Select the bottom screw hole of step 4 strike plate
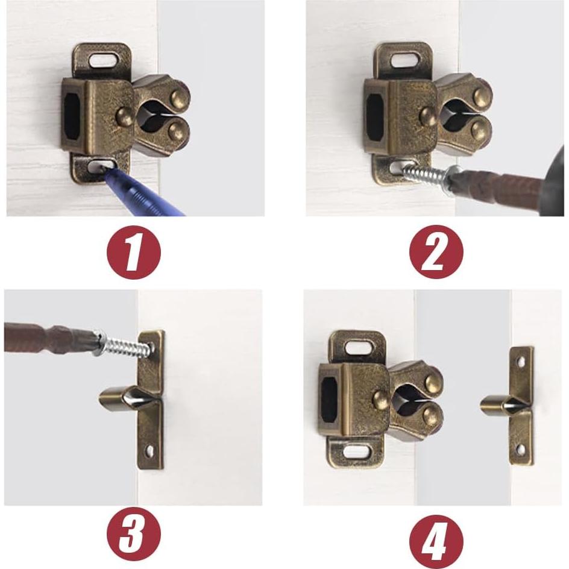pyautogui.click(x=521, y=448)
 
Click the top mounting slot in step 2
pyautogui.click(x=404, y=60)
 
